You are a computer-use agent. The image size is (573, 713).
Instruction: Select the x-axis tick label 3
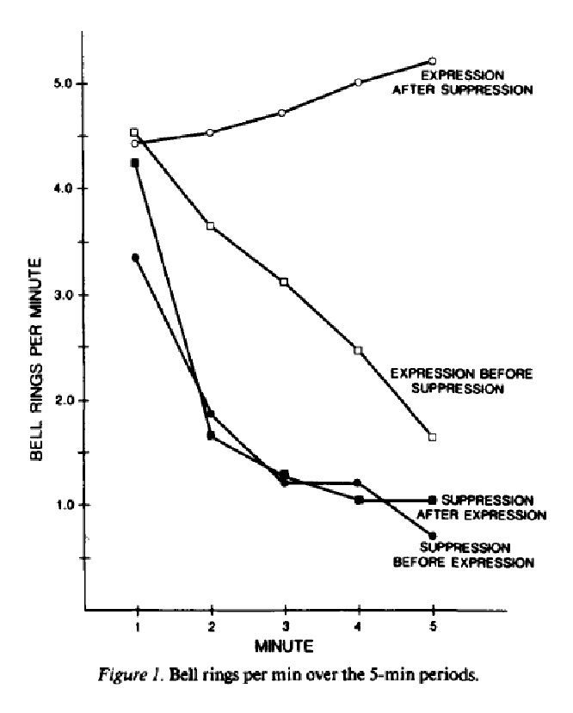[x=284, y=627]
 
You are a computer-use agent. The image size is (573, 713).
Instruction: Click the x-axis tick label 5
[x=432, y=627]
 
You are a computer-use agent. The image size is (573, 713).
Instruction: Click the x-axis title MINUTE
[x=285, y=643]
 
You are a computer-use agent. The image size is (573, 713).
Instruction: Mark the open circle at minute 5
[x=432, y=61]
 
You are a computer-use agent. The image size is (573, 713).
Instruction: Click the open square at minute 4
[x=358, y=350]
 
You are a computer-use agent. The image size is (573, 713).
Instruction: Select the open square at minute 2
[x=210, y=226]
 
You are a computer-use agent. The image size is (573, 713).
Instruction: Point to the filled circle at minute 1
[x=135, y=257]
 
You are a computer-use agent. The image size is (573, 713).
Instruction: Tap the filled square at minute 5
[x=432, y=500]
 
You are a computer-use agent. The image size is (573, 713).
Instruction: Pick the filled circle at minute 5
[x=432, y=536]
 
